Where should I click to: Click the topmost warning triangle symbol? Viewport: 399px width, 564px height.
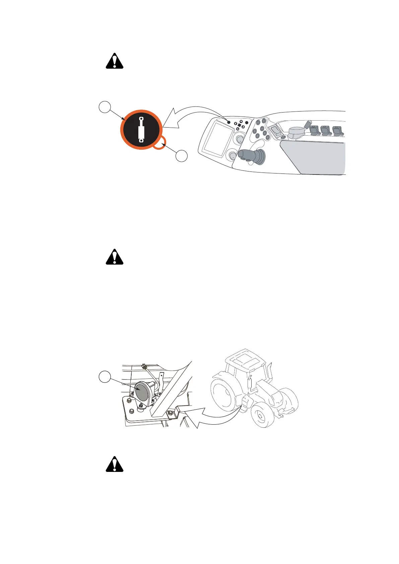[115, 61]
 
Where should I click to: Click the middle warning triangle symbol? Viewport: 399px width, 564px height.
[115, 257]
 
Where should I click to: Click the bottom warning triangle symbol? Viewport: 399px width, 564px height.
[115, 465]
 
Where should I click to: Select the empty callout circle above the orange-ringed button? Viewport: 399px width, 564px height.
[105, 107]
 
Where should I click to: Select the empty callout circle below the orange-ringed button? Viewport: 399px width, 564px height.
[182, 156]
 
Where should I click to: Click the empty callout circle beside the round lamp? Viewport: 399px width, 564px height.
[105, 377]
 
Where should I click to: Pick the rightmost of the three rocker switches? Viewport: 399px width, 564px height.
[338, 130]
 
